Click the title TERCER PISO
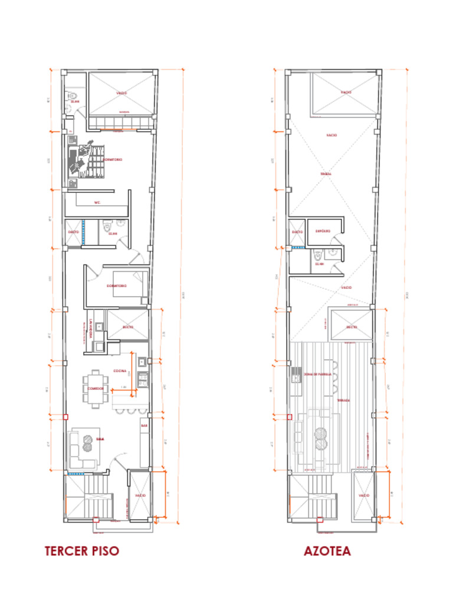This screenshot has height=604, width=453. click(81, 551)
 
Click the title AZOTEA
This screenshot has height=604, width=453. click(327, 551)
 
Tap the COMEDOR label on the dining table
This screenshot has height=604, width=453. click(96, 389)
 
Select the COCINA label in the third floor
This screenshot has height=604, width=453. click(120, 371)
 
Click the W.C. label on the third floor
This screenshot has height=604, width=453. click(98, 202)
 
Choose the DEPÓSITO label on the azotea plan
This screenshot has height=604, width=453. click(323, 231)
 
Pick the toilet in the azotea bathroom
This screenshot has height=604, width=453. click(319, 255)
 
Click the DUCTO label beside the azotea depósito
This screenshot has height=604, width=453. click(297, 232)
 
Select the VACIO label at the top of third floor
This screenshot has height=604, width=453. click(122, 93)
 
